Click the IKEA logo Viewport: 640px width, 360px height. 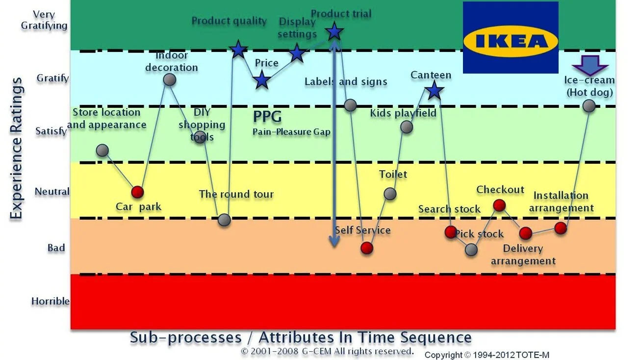coord(511,38)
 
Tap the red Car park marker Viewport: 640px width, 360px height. coord(138,192)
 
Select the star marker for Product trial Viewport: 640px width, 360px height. coord(334,32)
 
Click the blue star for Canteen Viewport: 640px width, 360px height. coord(433,90)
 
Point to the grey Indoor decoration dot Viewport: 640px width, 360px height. coord(169,79)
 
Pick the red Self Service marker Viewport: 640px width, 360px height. coord(367,248)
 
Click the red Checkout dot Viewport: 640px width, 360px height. coord(499,205)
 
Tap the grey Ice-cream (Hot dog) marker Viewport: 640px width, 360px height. coord(589,105)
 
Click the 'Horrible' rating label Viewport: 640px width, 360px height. coord(50,301)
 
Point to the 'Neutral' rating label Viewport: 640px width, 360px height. coord(52,191)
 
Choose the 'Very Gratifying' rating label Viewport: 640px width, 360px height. coord(44,20)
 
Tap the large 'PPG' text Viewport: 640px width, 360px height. coord(267,117)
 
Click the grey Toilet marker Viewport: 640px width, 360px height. coord(390,194)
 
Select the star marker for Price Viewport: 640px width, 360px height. coord(262,80)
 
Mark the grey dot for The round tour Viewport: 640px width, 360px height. coord(224,220)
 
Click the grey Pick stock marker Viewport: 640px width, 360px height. coord(471,250)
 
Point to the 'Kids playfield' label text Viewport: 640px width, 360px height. coord(403,113)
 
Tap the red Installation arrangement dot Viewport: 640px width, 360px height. coord(561,228)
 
